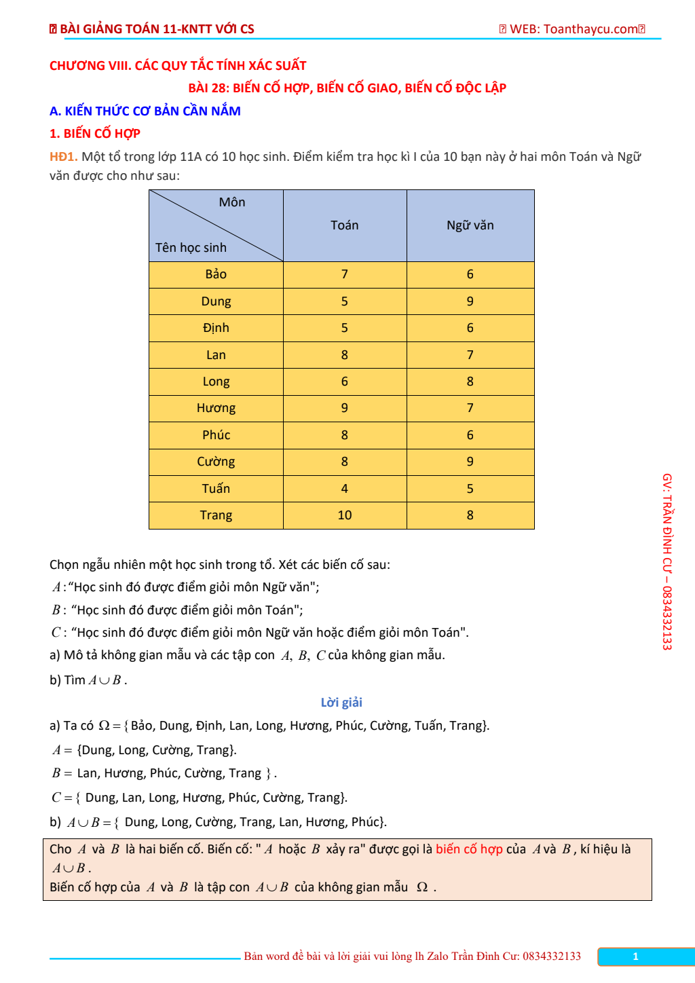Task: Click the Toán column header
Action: coord(344,225)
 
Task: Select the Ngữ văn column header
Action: coord(470,225)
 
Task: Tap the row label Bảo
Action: coord(216,274)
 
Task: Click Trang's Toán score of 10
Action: coord(344,515)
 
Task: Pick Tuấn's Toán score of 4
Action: coord(344,489)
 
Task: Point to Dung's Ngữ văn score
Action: coord(470,301)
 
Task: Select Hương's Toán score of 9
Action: coord(344,408)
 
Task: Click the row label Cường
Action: coord(216,462)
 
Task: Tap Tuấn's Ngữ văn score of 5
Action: coord(470,489)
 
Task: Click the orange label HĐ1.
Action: coord(63,157)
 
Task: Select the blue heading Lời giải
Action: coord(341,703)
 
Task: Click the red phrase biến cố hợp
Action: coord(469,849)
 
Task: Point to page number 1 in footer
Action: coord(635,957)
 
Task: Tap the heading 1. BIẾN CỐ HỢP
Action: coord(95,134)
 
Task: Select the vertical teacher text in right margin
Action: coord(667,561)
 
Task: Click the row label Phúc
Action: coord(216,435)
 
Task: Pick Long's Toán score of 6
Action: coord(344,382)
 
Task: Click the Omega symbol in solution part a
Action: coord(104,726)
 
